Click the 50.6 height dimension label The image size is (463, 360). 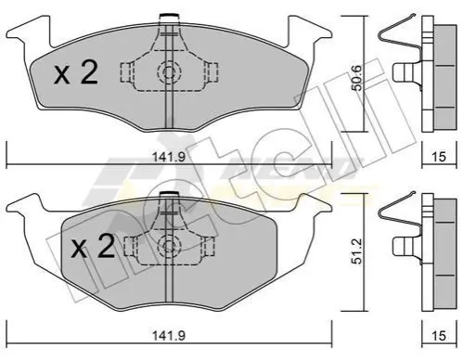pos(357,79)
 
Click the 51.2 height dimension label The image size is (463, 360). pos(357,251)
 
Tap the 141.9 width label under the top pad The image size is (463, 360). pos(169,157)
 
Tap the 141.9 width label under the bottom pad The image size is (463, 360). pos(169,336)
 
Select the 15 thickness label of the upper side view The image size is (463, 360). pos(439,157)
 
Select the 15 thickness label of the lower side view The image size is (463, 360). pos(439,336)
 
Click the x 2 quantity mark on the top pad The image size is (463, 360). pos(76,73)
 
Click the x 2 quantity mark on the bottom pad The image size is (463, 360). pos(93,246)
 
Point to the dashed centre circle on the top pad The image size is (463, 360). pos(169,73)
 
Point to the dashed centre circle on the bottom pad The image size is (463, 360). pos(169,246)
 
